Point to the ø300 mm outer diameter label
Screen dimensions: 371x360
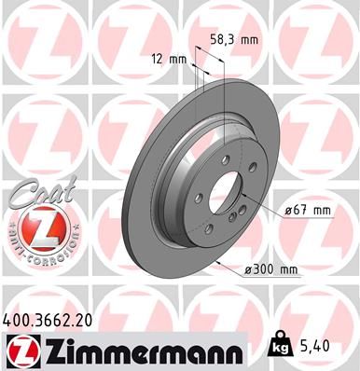pyautogui.click(x=270, y=269)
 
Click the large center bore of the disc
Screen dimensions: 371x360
pyautogui.click(x=225, y=189)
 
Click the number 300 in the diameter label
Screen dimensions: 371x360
pyautogui.click(x=263, y=269)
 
